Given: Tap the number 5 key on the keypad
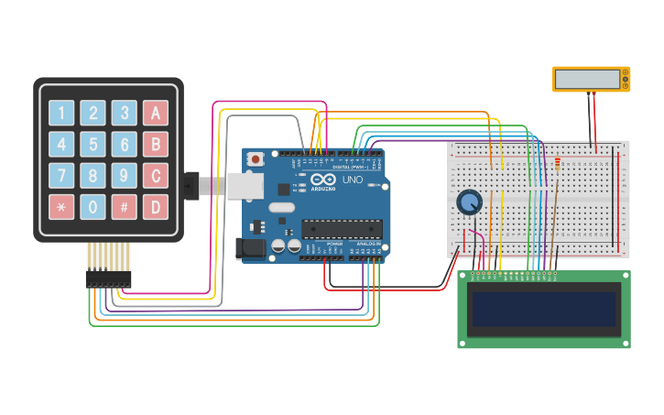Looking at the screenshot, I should [93, 144].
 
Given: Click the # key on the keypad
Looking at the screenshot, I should [125, 206].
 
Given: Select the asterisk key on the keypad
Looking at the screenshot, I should [61, 206].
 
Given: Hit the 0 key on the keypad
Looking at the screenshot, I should [93, 206].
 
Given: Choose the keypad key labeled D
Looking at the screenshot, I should [156, 206].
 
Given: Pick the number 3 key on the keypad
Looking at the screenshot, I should [125, 113].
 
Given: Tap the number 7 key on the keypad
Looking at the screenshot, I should [61, 175].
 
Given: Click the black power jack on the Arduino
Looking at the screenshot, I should [249, 248].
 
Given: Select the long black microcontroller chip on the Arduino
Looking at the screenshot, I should [342, 228].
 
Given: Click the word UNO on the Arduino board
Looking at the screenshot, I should [353, 180].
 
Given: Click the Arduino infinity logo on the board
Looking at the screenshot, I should [323, 180].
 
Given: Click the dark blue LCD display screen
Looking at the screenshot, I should [543, 309].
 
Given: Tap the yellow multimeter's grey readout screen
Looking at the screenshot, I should [587, 79].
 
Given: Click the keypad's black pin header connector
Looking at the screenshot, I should [108, 278].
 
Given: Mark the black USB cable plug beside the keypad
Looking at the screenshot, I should [190, 186].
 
